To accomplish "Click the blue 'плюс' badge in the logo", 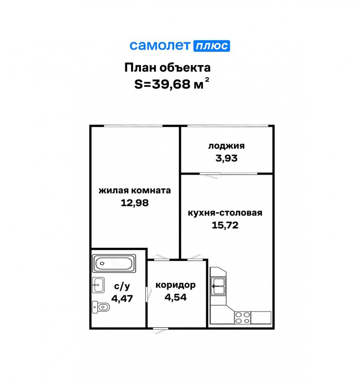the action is tap(212, 46).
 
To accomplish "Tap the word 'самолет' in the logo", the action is tap(160, 46).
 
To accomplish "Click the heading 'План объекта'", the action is tap(167, 68).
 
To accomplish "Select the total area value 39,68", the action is tap(171, 84).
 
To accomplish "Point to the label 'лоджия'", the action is tap(226, 146).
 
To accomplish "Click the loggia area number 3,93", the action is tap(226, 158).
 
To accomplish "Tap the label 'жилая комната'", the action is tap(135, 191).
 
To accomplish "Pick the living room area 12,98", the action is tap(135, 203).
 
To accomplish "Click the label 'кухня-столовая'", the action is tap(225, 213).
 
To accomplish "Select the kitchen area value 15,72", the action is tap(225, 225).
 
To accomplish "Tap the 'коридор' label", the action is tap(175, 285).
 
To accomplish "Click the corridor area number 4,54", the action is tap(175, 297).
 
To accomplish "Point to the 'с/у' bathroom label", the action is tap(122, 286).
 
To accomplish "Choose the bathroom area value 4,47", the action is tap(122, 298).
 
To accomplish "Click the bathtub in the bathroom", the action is tap(114, 263).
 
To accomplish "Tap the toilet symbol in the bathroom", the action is tap(100, 307).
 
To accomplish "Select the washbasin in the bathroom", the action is tap(98, 285).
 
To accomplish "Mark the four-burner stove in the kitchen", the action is tap(242, 318).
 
